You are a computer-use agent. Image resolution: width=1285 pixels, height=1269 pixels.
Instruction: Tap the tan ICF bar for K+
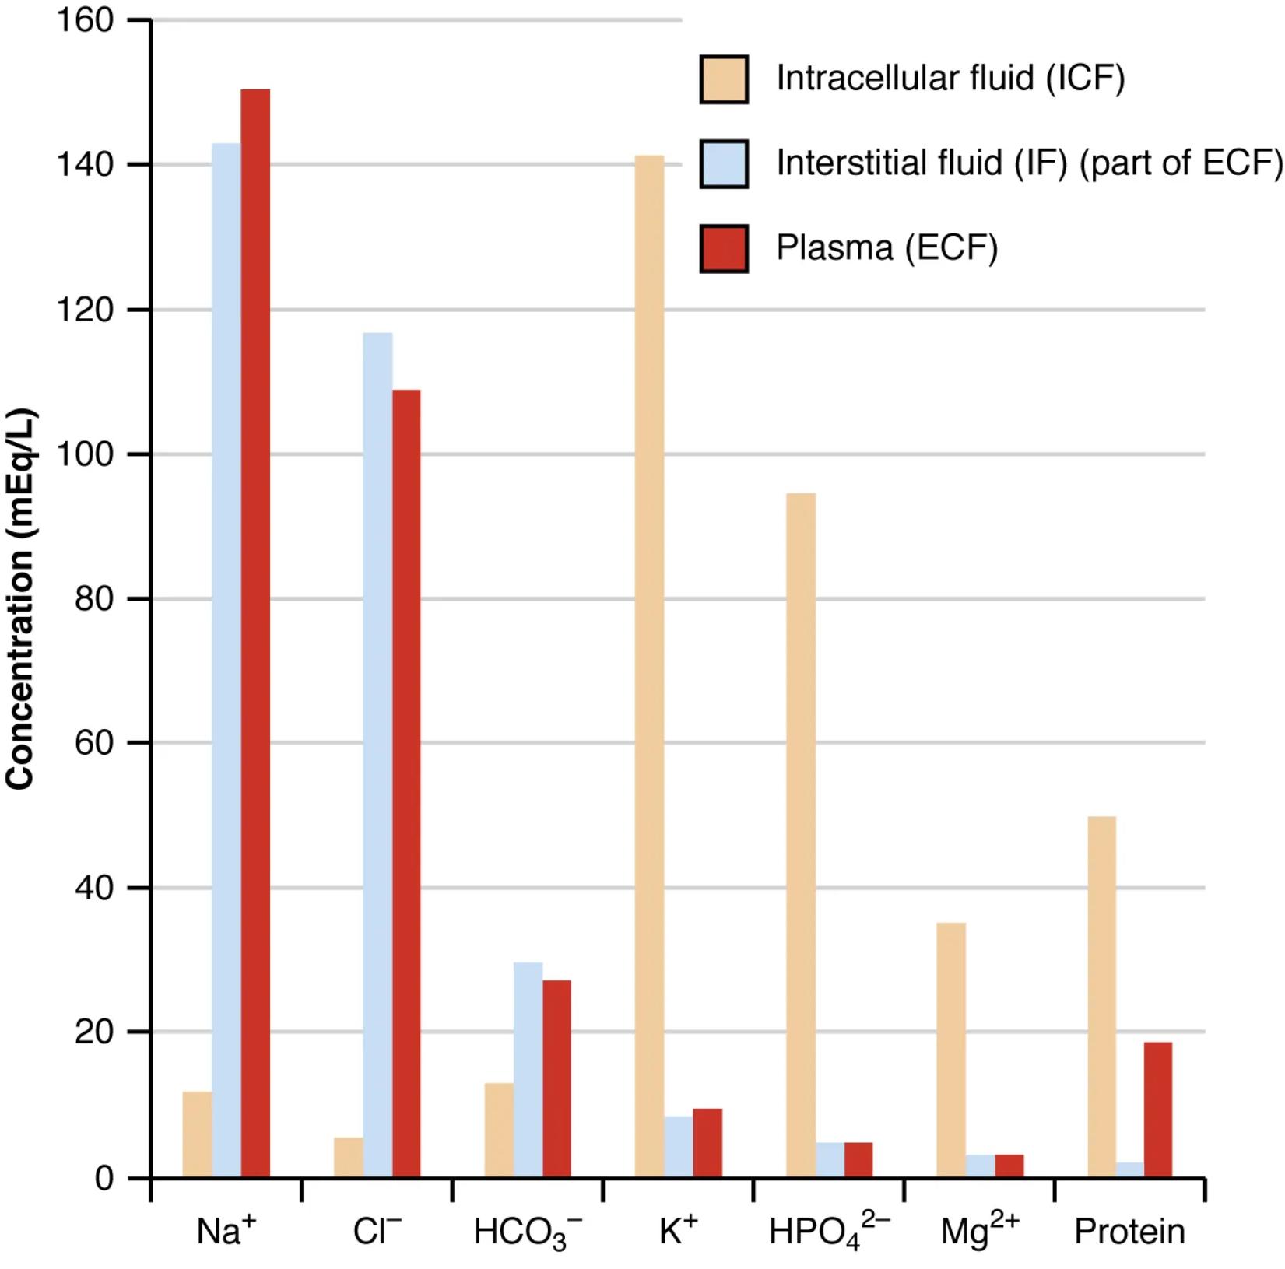click(x=649, y=665)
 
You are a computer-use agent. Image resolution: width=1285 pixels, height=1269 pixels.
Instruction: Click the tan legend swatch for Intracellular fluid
click(x=724, y=79)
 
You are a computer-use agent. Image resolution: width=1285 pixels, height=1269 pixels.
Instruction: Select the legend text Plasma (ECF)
click(x=887, y=248)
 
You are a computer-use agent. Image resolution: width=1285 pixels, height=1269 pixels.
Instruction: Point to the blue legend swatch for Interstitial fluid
click(x=724, y=164)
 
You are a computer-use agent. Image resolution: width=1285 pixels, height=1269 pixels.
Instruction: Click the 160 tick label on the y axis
click(x=85, y=21)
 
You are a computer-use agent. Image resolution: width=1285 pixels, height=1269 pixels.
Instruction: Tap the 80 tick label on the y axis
click(x=94, y=599)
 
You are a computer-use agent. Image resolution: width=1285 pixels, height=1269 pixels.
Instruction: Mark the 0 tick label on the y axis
click(x=104, y=1179)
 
